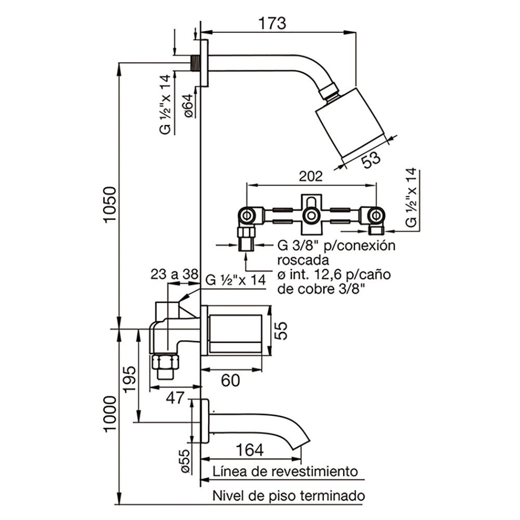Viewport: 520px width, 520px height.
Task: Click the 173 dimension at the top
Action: [x=272, y=23]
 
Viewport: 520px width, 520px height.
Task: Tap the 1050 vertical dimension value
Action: [x=110, y=205]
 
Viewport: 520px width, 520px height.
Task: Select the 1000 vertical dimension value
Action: [x=110, y=414]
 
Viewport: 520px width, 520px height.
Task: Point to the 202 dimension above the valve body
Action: [x=310, y=176]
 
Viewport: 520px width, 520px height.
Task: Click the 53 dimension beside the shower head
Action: [x=370, y=159]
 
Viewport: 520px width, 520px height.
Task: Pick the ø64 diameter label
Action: [x=188, y=106]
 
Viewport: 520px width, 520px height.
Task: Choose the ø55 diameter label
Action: [x=185, y=461]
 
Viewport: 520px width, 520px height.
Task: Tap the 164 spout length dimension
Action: [x=250, y=450]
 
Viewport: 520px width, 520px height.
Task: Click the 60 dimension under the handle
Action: [x=230, y=380]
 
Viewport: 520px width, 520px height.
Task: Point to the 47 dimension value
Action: [x=175, y=398]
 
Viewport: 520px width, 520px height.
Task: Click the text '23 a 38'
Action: [x=174, y=274]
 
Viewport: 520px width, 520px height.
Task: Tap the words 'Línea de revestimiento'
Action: [x=285, y=471]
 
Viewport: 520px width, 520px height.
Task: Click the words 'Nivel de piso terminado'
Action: [x=289, y=496]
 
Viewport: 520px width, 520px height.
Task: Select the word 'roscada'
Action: [x=303, y=261]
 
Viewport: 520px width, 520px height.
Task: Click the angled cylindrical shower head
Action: [x=351, y=123]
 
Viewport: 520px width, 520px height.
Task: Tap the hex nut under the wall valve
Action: [x=165, y=361]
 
